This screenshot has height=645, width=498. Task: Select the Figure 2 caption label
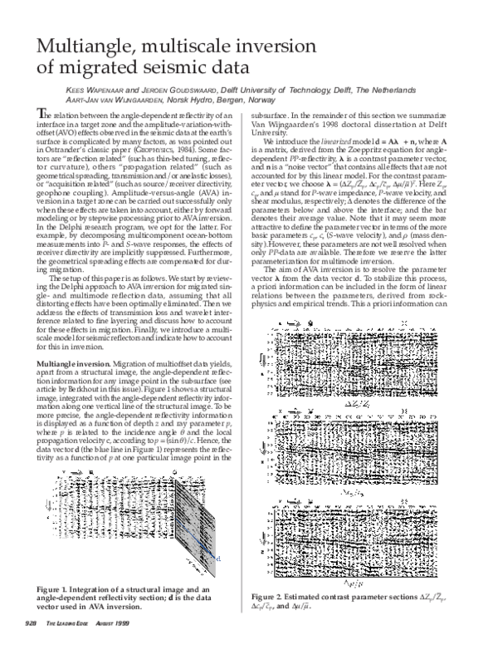pyautogui.click(x=275, y=596)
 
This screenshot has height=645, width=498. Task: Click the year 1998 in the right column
pyautogui.click(x=332, y=123)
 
